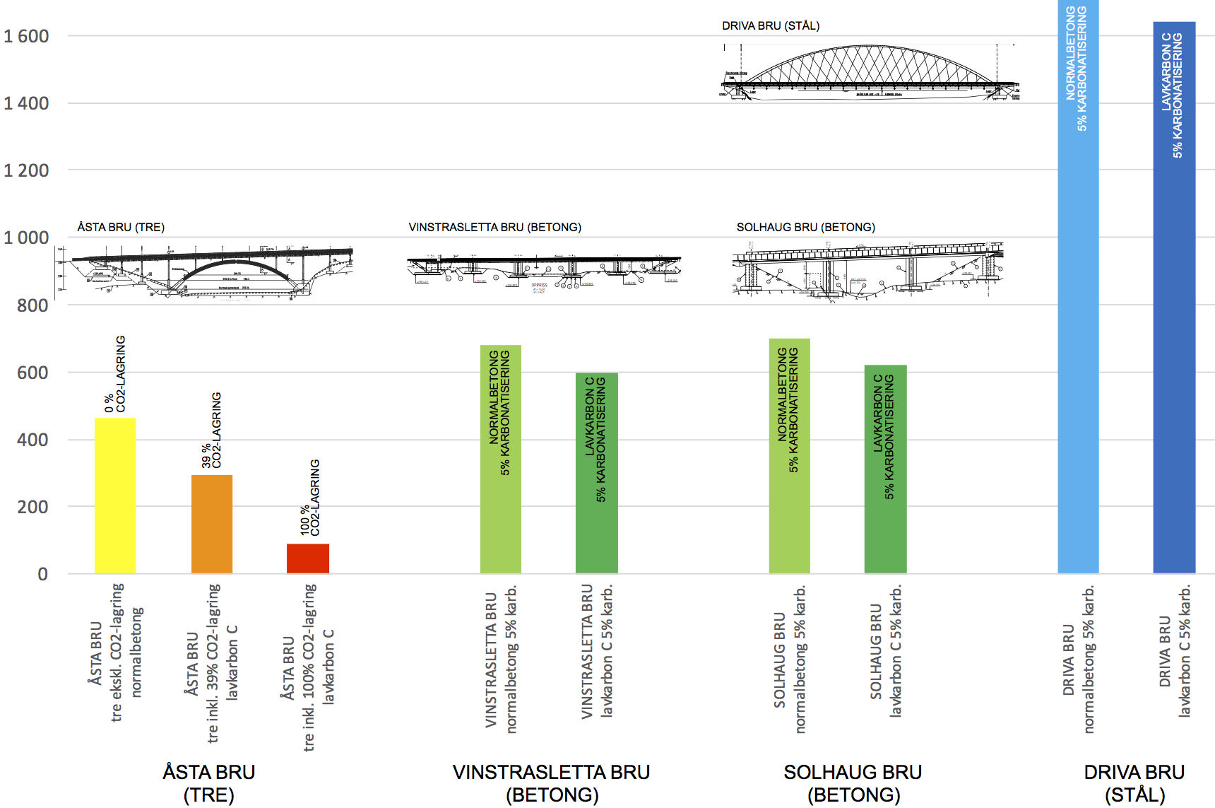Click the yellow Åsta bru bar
(x=115, y=495)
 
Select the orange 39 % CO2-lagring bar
(x=212, y=524)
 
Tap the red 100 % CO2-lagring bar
(x=308, y=558)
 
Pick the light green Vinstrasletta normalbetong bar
(x=501, y=459)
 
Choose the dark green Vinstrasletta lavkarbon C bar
(x=597, y=473)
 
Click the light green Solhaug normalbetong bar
(x=790, y=456)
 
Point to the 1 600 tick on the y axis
(x=27, y=36)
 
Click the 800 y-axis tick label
(x=32, y=305)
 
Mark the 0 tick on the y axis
(x=43, y=574)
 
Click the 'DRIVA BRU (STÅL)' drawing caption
(x=771, y=26)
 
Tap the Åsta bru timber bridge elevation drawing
(x=205, y=273)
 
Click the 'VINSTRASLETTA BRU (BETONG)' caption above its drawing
(x=494, y=227)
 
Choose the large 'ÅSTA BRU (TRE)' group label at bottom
(x=209, y=783)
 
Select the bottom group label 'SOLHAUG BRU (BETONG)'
(x=853, y=783)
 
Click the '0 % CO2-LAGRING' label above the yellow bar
(x=115, y=374)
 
